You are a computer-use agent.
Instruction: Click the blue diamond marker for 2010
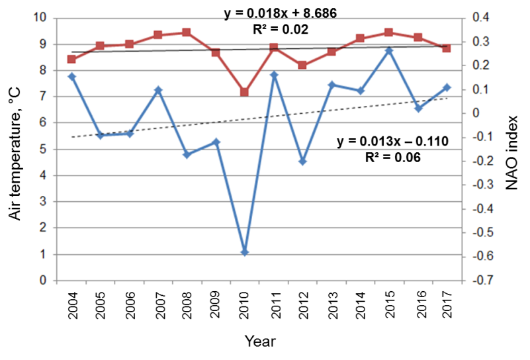tap(244, 252)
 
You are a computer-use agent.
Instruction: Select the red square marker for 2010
tap(244, 92)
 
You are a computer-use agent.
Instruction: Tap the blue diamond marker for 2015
tap(389, 50)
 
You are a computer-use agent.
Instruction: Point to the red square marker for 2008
tap(187, 32)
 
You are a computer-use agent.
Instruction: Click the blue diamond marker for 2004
tap(71, 77)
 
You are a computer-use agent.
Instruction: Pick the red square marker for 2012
tap(302, 66)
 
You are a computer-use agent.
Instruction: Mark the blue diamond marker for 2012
tap(302, 161)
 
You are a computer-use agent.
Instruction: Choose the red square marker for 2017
tap(447, 48)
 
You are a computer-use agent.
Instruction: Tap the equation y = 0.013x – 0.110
tap(393, 141)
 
